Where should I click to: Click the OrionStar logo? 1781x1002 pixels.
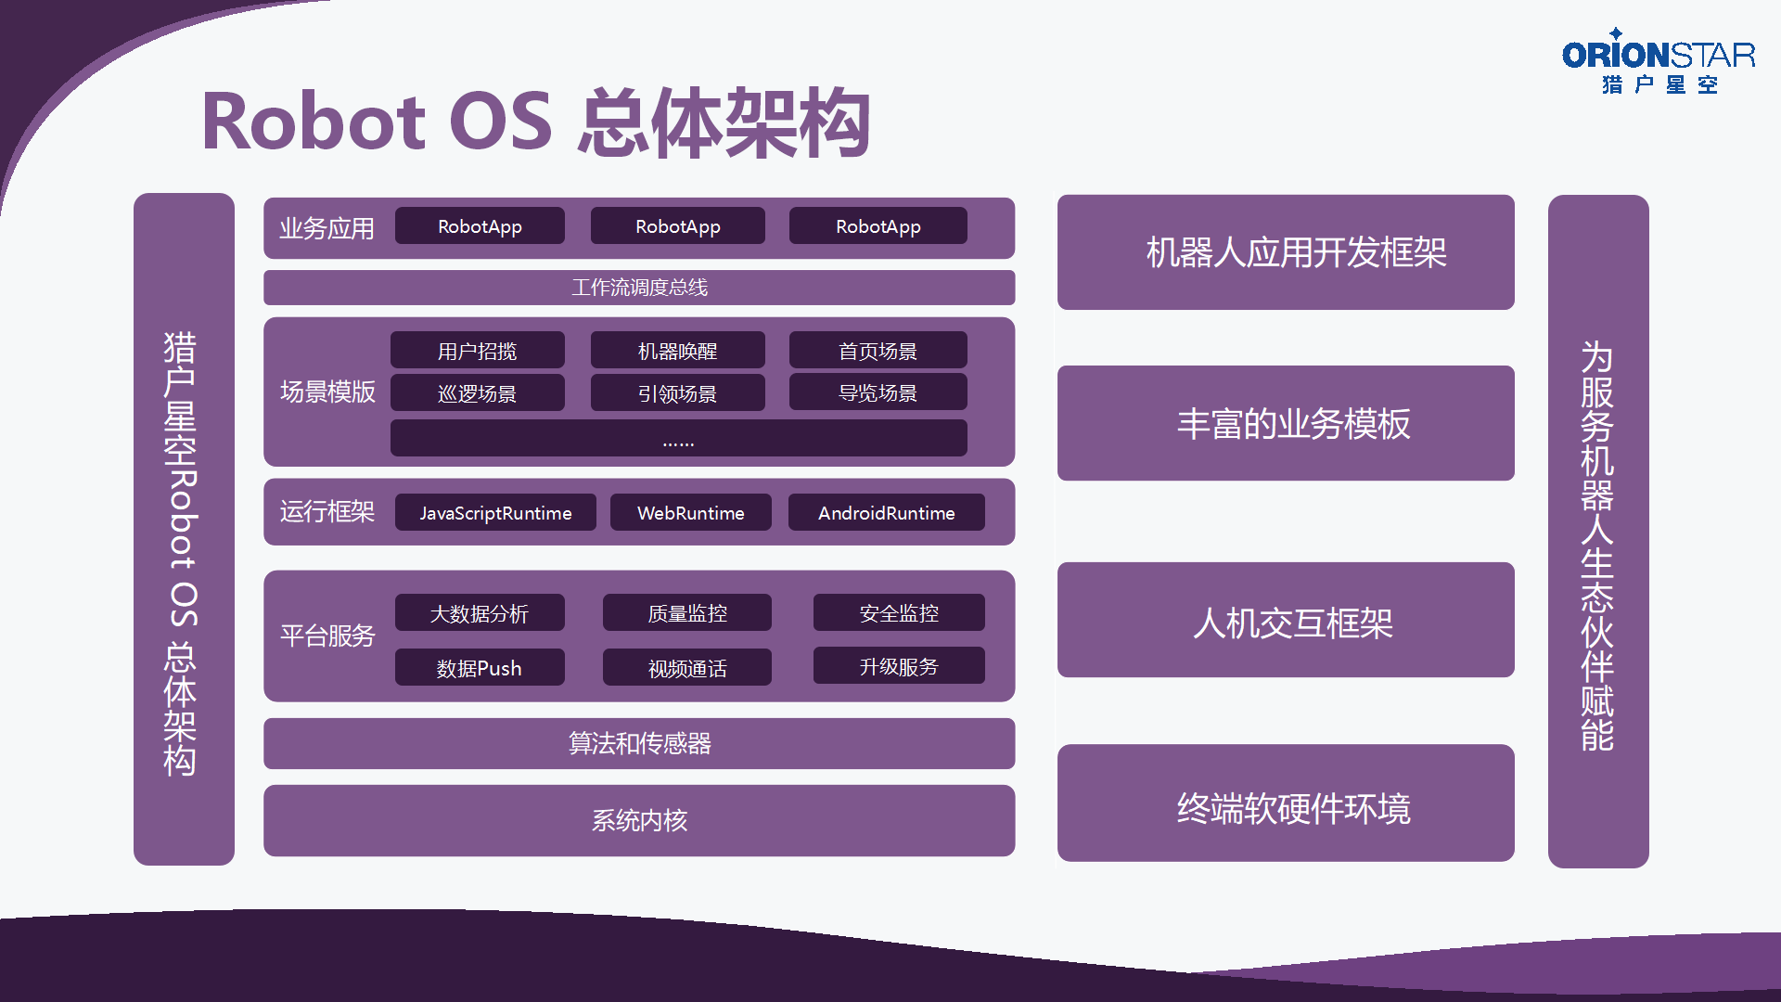tap(1659, 61)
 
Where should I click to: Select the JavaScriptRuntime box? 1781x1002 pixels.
tap(495, 512)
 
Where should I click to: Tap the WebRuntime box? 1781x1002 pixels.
tap(691, 512)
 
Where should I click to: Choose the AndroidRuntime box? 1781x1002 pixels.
tap(887, 512)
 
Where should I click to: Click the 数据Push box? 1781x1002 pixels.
tap(480, 667)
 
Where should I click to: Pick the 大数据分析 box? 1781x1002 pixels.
tap(480, 612)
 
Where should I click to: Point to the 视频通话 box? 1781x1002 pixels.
tap(687, 667)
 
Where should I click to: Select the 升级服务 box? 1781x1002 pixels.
tap(899, 665)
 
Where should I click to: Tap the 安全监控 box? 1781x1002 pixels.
tap(899, 612)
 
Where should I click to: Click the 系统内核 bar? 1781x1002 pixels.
tap(639, 820)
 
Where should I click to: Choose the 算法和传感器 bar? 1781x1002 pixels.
tap(639, 743)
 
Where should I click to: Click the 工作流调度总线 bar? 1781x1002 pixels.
tap(639, 288)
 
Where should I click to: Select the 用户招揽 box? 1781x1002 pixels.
tap(478, 350)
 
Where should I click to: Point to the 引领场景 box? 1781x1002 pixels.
tap(678, 392)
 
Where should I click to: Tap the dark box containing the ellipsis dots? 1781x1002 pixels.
tap(678, 438)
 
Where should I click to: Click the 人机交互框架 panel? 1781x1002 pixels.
tap(1286, 620)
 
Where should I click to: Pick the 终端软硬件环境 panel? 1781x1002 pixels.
tap(1286, 803)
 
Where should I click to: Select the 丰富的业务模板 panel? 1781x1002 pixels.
tap(1286, 423)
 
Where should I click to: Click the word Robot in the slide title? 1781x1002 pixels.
tap(314, 122)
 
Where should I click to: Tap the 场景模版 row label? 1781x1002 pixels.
tap(327, 392)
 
